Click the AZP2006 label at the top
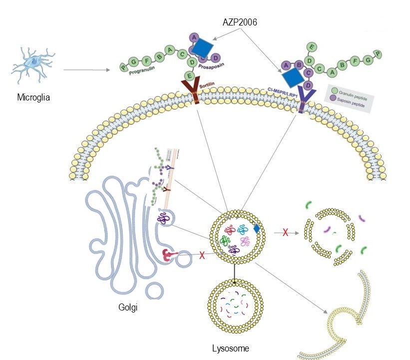pyautogui.click(x=240, y=23)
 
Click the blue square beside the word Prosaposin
pyautogui.click(x=202, y=48)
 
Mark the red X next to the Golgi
pyautogui.click(x=202, y=255)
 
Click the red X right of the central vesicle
pyautogui.click(x=285, y=232)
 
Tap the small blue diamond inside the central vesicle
pyautogui.click(x=256, y=228)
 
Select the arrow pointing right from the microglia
pyautogui.click(x=87, y=69)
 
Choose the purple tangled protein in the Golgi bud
pyautogui.click(x=164, y=218)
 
